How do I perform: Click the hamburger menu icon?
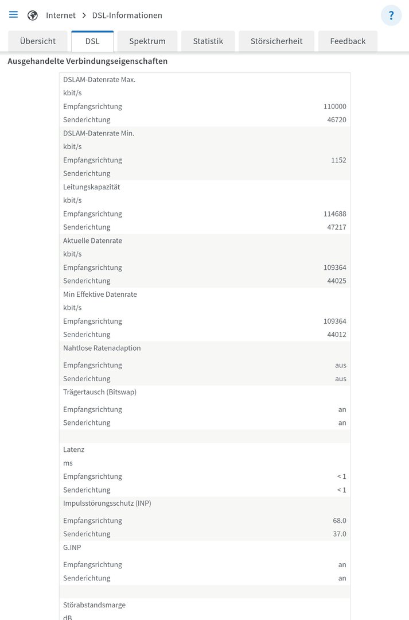(x=13, y=15)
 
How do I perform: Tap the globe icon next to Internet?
(x=33, y=15)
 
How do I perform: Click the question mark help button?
(x=391, y=15)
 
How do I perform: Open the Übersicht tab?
(x=38, y=41)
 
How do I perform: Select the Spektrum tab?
(x=147, y=41)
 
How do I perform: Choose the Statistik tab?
(x=208, y=41)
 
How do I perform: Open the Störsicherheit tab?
(x=276, y=41)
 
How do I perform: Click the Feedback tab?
(x=348, y=41)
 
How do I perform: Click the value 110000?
(x=334, y=106)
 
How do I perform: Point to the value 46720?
(x=337, y=120)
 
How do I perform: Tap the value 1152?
(x=338, y=160)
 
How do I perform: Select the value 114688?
(x=334, y=214)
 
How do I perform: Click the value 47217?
(x=337, y=227)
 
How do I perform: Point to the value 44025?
(x=337, y=281)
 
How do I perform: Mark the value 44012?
(x=337, y=335)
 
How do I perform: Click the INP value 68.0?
(x=340, y=521)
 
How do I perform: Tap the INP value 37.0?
(x=340, y=534)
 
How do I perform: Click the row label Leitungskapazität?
(x=91, y=187)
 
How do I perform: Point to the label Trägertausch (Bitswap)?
(x=100, y=392)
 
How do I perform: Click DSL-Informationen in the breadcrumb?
(x=127, y=15)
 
